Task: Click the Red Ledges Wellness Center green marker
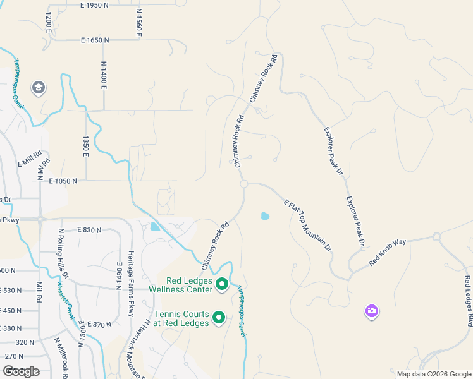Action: click(222, 286)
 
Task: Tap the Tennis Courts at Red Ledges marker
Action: click(219, 318)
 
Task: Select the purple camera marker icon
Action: click(371, 311)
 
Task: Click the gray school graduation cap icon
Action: click(38, 88)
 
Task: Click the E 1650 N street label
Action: click(95, 40)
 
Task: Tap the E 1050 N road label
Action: click(63, 181)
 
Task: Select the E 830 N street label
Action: click(89, 231)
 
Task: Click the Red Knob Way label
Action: click(387, 251)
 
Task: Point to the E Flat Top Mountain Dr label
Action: click(308, 226)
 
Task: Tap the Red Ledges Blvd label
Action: click(468, 297)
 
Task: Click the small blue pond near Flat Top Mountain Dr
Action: click(265, 216)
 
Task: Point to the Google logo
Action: click(21, 371)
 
